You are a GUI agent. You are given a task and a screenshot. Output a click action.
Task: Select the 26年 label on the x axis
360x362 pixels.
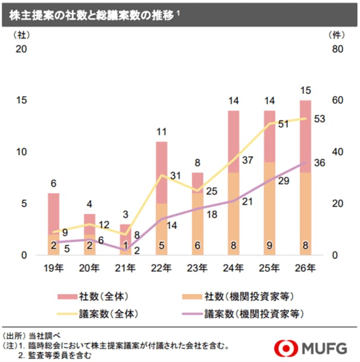(305, 267)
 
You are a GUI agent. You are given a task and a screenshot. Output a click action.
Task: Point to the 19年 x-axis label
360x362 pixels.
(54, 267)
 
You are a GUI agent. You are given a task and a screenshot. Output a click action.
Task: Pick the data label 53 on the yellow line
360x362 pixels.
(319, 119)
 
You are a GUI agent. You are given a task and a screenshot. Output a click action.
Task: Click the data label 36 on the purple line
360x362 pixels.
(319, 163)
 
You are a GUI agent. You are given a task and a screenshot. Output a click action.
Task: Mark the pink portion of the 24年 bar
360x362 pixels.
(234, 141)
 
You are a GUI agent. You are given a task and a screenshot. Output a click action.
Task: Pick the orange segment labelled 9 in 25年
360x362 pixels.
(269, 208)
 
